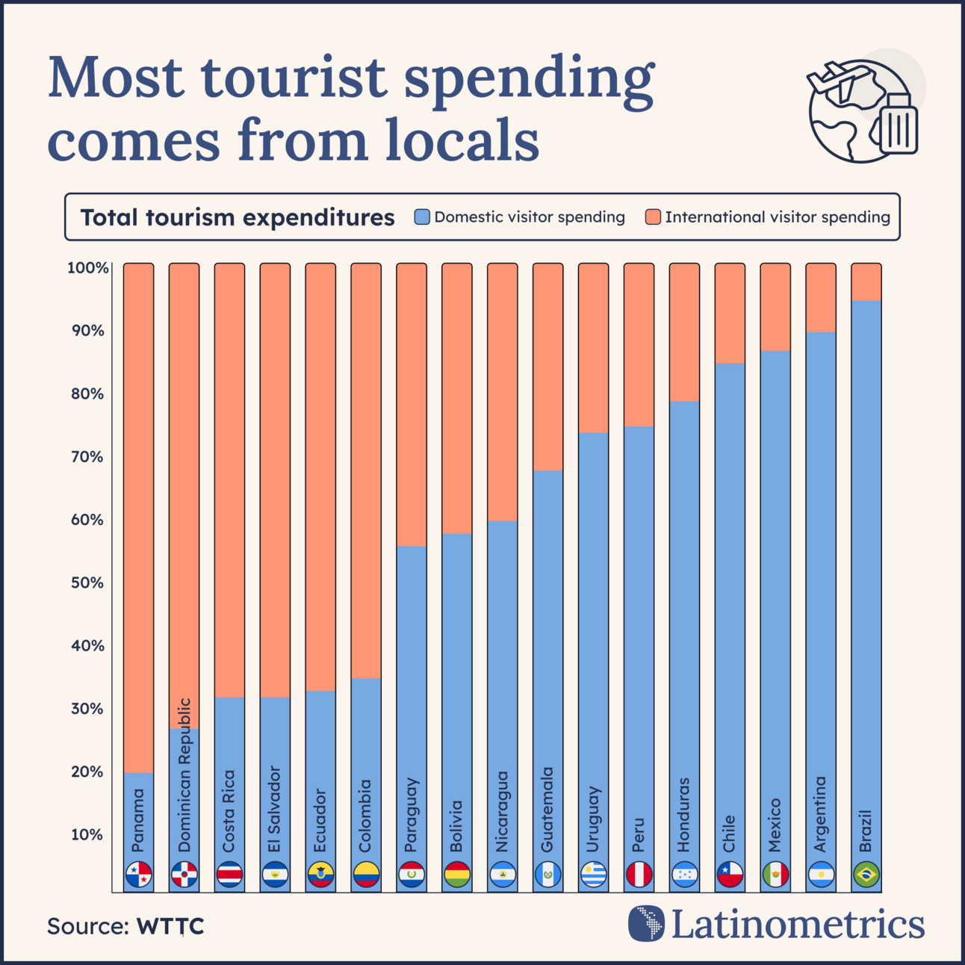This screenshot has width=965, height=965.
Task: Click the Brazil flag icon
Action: click(x=866, y=874)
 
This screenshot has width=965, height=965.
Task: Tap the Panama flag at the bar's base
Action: click(x=139, y=874)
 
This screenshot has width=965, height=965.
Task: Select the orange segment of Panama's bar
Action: click(x=139, y=515)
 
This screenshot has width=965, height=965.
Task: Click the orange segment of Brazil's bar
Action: click(x=866, y=282)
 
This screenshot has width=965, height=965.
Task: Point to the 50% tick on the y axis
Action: click(x=87, y=583)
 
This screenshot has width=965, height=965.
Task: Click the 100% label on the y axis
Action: click(x=87, y=267)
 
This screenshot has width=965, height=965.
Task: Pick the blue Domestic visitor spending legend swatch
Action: click(x=422, y=217)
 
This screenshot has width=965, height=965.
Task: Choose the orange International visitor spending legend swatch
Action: click(x=653, y=217)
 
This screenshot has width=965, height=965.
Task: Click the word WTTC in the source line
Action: click(x=170, y=926)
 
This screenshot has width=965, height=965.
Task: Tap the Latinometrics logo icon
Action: click(x=646, y=923)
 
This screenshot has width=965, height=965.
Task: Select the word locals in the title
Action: click(x=462, y=140)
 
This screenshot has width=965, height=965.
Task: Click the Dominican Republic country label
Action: click(x=184, y=775)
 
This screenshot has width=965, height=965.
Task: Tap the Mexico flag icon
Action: click(x=775, y=874)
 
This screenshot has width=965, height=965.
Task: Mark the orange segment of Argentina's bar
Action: click(x=821, y=298)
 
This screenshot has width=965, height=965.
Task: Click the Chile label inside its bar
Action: click(x=730, y=833)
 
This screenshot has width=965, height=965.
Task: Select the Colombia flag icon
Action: click(x=366, y=874)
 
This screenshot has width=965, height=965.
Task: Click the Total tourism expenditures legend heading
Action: click(x=238, y=217)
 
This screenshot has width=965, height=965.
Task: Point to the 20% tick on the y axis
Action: click(x=87, y=772)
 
